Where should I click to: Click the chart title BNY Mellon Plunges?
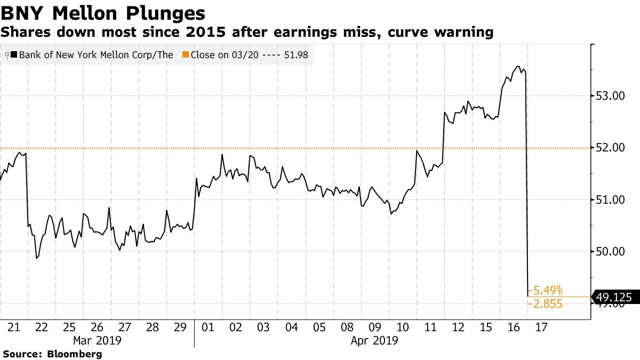pyautogui.click(x=103, y=13)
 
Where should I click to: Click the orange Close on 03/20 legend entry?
pyautogui.click(x=245, y=55)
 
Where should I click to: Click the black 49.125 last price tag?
pyautogui.click(x=617, y=299)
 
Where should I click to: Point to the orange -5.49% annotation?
pyautogui.click(x=545, y=290)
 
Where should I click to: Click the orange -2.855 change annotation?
pyautogui.click(x=545, y=304)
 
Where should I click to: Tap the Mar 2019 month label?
pyautogui.click(x=97, y=340)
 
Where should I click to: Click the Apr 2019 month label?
pyautogui.click(x=374, y=340)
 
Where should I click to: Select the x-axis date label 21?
pyautogui.click(x=14, y=326)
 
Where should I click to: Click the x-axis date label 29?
pyautogui.click(x=180, y=326)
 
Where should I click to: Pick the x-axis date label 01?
pyautogui.click(x=208, y=326)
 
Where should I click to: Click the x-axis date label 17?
pyautogui.click(x=541, y=326)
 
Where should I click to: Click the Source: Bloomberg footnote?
pyautogui.click(x=52, y=354)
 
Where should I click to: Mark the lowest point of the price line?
pyautogui.click(x=528, y=297)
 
